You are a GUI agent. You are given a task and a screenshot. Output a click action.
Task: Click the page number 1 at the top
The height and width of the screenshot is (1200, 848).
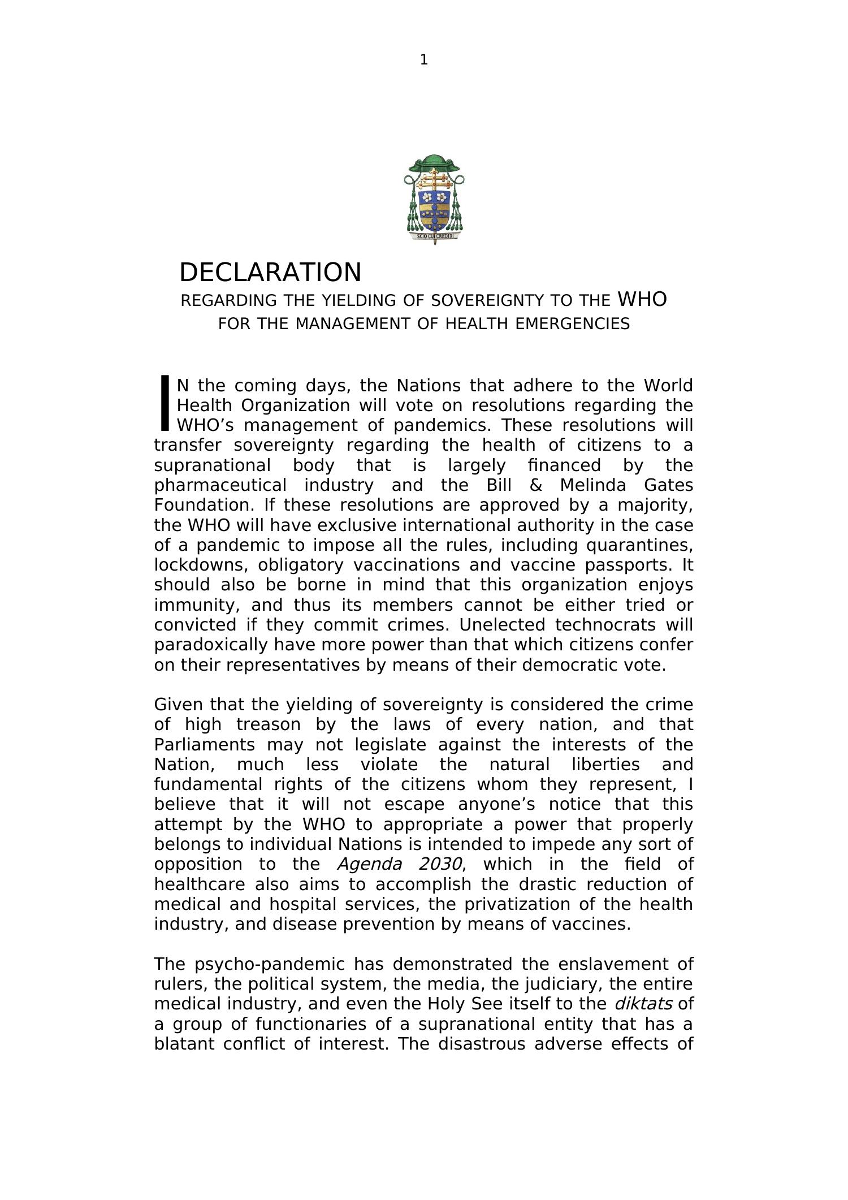(x=423, y=60)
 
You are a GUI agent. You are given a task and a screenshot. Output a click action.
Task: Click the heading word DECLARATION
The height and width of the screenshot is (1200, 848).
(x=270, y=273)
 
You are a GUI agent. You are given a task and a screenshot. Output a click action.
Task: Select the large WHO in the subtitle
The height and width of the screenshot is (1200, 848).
(x=642, y=299)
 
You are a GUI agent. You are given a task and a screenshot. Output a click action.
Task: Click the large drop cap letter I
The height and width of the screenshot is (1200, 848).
(x=165, y=403)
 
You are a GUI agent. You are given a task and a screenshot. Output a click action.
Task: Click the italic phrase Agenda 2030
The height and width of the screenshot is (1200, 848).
(x=400, y=864)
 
